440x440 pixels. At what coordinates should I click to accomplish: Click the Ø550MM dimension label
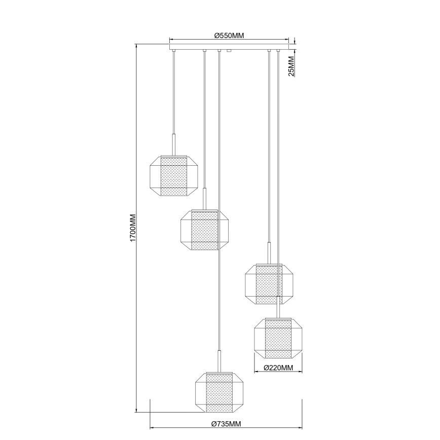[x=230, y=35]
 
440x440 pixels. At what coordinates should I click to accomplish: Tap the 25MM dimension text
[x=291, y=66]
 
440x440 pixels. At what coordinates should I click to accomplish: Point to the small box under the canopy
[x=230, y=51]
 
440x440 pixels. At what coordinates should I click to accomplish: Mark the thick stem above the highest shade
[x=174, y=142]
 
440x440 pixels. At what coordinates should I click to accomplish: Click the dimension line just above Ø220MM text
[x=278, y=372]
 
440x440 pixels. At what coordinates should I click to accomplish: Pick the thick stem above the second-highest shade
[x=204, y=198]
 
